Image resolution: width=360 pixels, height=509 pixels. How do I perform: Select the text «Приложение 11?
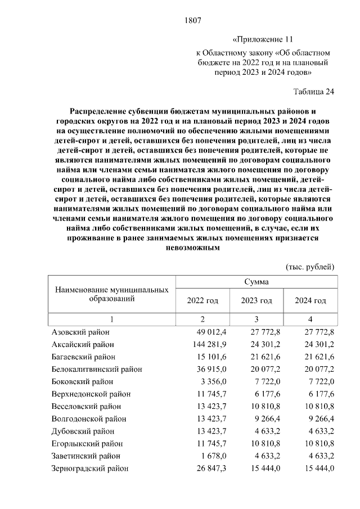pos(263,40)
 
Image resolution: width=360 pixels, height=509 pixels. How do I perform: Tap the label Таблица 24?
pos(314,91)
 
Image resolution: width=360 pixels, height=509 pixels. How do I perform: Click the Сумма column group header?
pos(256,281)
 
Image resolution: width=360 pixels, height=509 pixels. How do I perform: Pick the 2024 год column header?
pos(310,300)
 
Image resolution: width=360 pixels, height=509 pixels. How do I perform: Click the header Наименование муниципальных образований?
pos(112,294)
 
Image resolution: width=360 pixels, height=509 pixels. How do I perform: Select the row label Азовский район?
pos(80,332)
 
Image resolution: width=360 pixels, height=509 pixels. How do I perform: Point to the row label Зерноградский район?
pos(89,468)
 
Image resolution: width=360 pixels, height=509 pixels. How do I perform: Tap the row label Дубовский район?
pos(83,431)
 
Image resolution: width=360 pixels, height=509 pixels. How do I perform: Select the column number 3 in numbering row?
pos(256,319)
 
